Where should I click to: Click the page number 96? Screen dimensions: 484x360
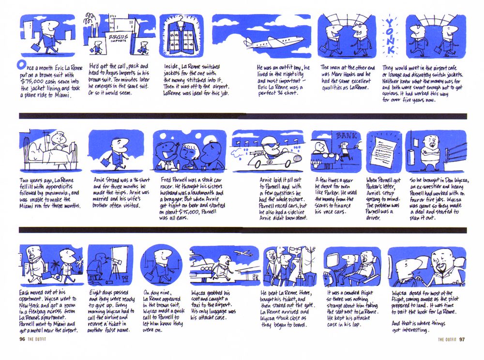coord(22,339)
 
